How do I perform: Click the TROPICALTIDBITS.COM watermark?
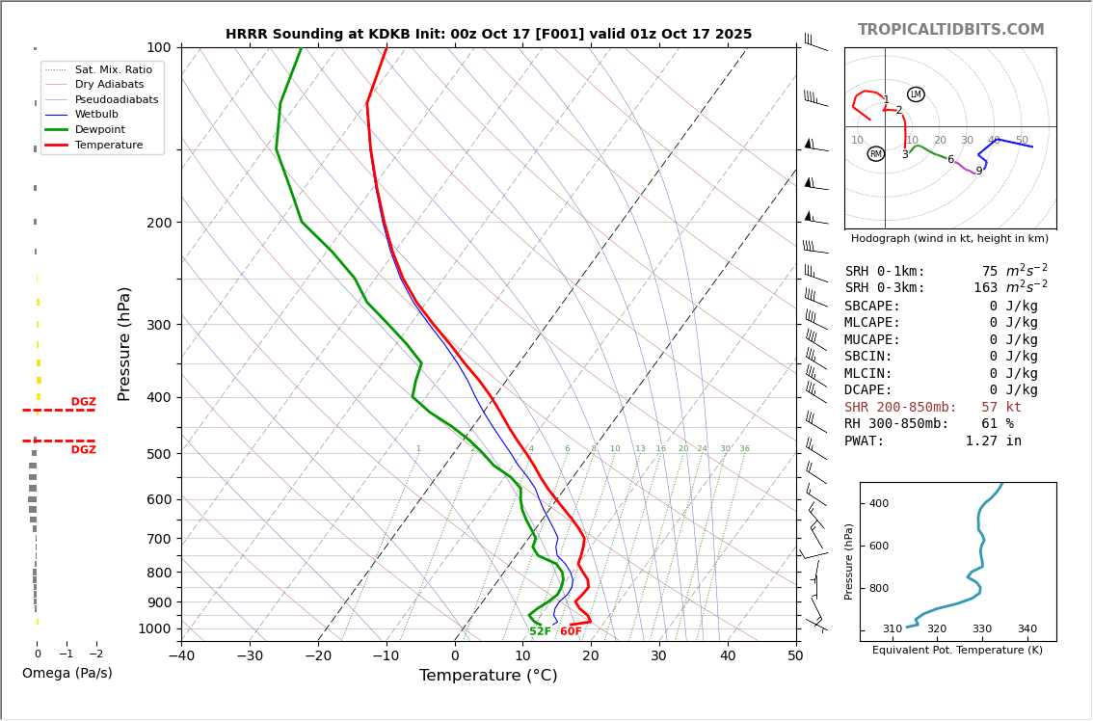pyautogui.click(x=950, y=30)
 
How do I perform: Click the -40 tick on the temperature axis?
pyautogui.click(x=181, y=656)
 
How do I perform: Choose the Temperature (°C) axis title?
pyautogui.click(x=488, y=676)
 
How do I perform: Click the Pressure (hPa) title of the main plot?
pyautogui.click(x=124, y=343)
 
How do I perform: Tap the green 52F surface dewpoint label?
pyautogui.click(x=540, y=631)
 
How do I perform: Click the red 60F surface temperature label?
pyautogui.click(x=571, y=631)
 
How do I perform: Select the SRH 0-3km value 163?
pyautogui.click(x=985, y=288)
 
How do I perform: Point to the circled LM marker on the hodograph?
pyautogui.click(x=916, y=94)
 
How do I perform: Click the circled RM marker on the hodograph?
pyautogui.click(x=875, y=154)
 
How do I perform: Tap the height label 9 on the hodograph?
pyautogui.click(x=978, y=172)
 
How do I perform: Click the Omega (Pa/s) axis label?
pyautogui.click(x=67, y=673)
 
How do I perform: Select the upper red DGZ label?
pyautogui.click(x=83, y=402)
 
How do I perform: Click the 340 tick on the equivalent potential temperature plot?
pyautogui.click(x=1027, y=629)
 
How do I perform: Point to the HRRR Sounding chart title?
pyautogui.click(x=488, y=35)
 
